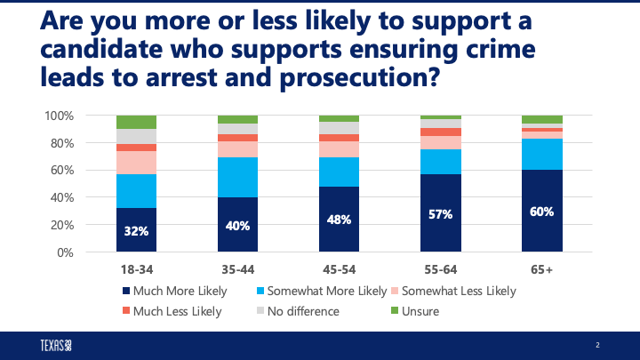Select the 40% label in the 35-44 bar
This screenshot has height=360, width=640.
tap(238, 225)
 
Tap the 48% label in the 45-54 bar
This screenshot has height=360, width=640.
tap(339, 220)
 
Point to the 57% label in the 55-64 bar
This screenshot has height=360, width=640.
tap(441, 213)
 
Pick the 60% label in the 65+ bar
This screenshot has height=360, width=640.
tap(541, 212)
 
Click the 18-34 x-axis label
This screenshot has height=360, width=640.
tap(136, 268)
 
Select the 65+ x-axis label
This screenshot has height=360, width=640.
tap(541, 268)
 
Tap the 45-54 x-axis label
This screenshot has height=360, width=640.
tap(339, 268)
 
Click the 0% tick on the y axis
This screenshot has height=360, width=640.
tap(64, 252)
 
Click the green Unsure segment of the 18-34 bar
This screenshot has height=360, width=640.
tap(136, 122)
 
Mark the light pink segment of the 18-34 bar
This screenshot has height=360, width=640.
tap(136, 163)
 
